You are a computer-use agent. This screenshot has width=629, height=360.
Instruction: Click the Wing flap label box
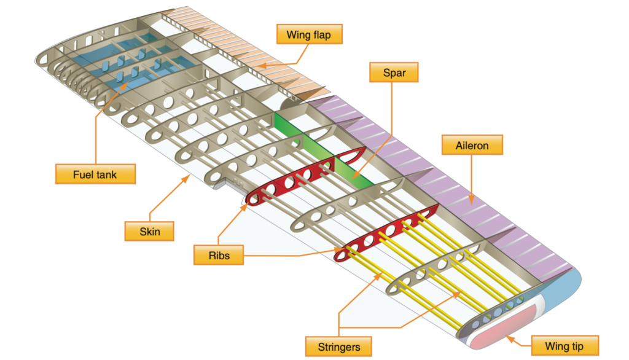[x=310, y=34]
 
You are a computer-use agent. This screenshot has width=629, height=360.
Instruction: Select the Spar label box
[x=394, y=72]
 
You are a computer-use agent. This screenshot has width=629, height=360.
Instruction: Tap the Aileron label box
[x=472, y=145]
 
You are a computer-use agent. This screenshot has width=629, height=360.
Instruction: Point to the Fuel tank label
[x=95, y=174]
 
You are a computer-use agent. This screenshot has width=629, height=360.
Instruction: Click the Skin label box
[x=149, y=231]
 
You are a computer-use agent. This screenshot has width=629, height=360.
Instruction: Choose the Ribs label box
[x=219, y=255]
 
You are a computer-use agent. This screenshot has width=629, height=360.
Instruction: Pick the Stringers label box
[x=338, y=346]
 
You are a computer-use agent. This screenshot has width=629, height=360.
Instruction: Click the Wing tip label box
[x=565, y=345]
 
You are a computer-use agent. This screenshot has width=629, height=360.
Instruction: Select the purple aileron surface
[x=441, y=176]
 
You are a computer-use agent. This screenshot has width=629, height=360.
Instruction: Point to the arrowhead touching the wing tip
[x=510, y=340]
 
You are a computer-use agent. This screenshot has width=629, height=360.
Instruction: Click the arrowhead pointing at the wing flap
[x=261, y=65]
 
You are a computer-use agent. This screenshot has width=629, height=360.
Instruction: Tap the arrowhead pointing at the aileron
[x=472, y=200]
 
